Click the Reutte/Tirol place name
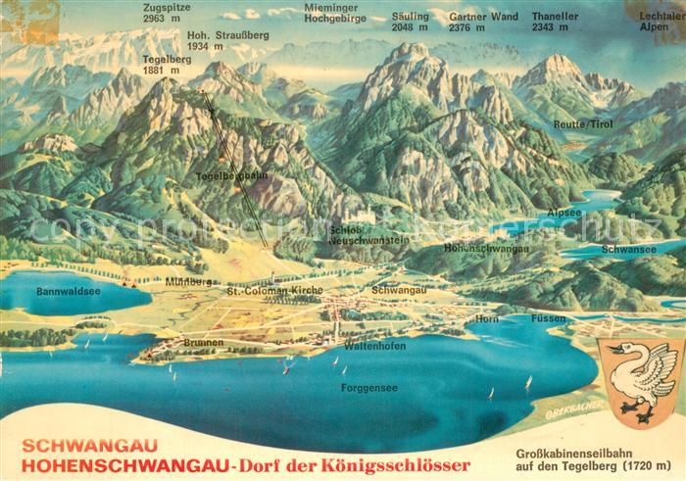click(x=582, y=125)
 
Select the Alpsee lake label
click(x=564, y=212)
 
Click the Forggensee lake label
click(x=368, y=387)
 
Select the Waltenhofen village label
click(x=375, y=346)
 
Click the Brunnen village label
click(x=203, y=343)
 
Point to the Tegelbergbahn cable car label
click(x=231, y=176)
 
